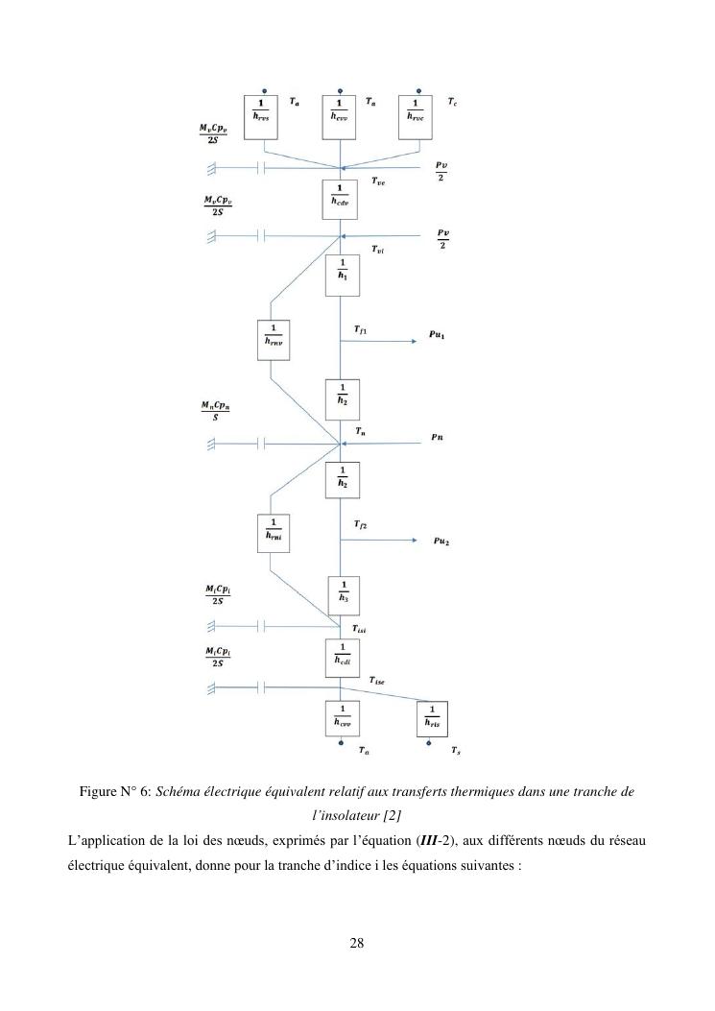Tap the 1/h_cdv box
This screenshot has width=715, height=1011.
click(x=341, y=200)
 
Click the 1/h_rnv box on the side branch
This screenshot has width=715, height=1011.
click(x=273, y=340)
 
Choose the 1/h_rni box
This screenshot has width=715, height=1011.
click(x=273, y=535)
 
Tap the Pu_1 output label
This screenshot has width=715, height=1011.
click(x=438, y=337)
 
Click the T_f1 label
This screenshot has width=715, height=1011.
click(x=360, y=329)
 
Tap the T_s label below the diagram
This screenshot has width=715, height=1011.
click(x=455, y=750)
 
